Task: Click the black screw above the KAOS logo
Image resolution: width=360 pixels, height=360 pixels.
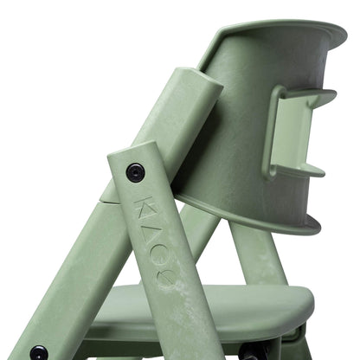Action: (136, 171)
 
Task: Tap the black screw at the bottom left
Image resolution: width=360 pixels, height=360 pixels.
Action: (39, 353)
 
